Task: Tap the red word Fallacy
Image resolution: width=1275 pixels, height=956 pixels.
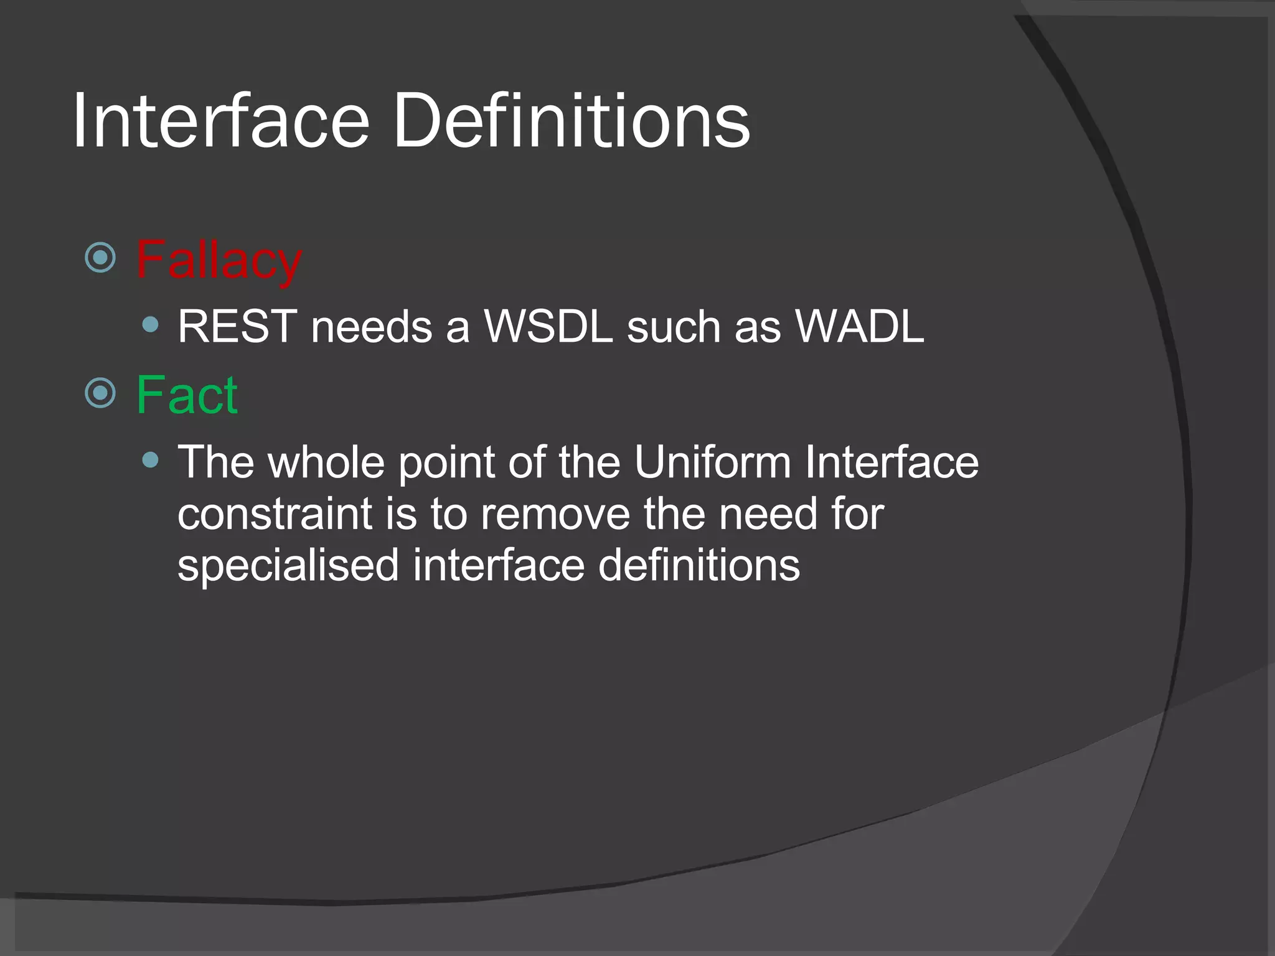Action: click(219, 260)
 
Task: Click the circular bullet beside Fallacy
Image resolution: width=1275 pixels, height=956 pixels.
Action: click(100, 258)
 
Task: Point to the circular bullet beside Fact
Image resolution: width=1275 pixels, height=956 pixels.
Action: click(100, 393)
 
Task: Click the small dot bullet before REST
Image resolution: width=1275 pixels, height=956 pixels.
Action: click(150, 324)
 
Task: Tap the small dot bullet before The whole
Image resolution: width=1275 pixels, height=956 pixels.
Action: click(150, 460)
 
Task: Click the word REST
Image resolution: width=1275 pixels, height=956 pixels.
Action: click(237, 326)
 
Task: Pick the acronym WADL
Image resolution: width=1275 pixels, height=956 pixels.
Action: click(859, 326)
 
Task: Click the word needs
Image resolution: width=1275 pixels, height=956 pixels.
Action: click(371, 327)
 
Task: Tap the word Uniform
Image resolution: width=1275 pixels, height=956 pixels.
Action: click(712, 462)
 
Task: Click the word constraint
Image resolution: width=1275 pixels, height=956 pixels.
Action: click(275, 515)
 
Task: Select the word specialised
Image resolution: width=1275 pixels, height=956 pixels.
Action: click(288, 565)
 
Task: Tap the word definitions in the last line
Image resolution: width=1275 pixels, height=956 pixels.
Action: click(699, 565)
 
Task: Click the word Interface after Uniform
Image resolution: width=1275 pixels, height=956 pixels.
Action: click(892, 462)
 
